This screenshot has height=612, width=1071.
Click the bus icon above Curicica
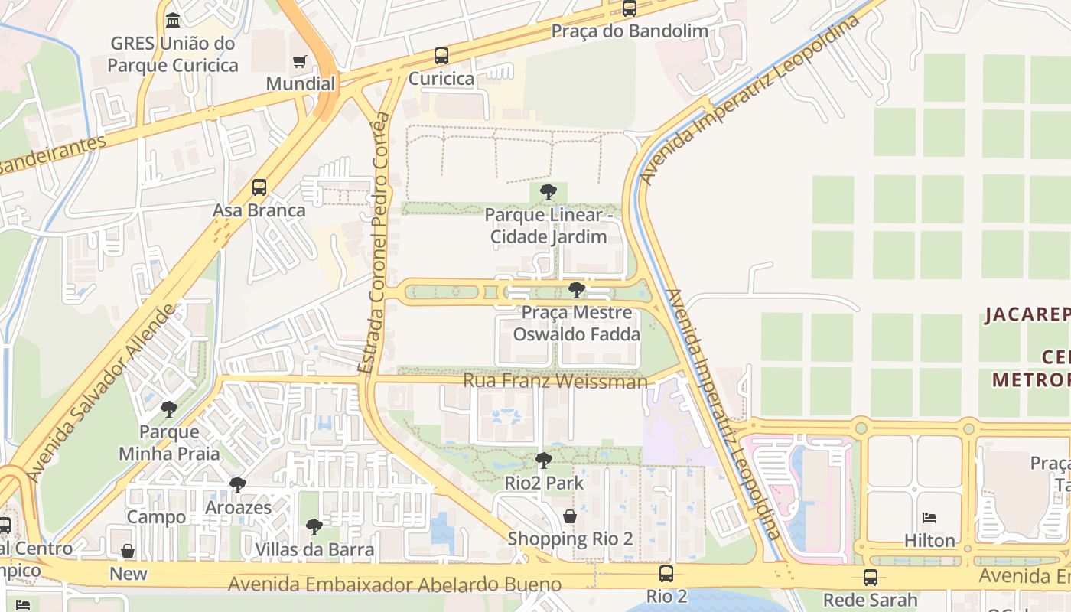pyautogui.click(x=441, y=56)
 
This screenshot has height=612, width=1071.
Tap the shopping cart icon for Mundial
pyautogui.click(x=300, y=61)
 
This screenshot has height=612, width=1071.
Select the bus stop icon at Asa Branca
pyautogui.click(x=259, y=187)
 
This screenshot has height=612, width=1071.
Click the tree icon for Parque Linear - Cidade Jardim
pyautogui.click(x=548, y=192)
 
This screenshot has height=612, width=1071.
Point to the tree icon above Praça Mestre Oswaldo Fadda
pyautogui.click(x=577, y=290)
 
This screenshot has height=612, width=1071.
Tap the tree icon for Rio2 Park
pyautogui.click(x=543, y=461)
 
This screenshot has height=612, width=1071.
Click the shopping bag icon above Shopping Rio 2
pyautogui.click(x=570, y=516)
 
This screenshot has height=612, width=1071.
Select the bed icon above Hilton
pyautogui.click(x=929, y=519)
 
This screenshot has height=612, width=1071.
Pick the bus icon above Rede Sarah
pyautogui.click(x=870, y=578)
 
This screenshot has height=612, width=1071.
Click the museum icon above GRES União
pyautogui.click(x=173, y=20)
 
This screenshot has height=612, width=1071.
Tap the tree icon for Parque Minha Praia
pyautogui.click(x=169, y=409)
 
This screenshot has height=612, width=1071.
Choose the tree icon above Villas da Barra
pyautogui.click(x=314, y=527)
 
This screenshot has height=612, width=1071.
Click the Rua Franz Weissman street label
pyautogui.click(x=555, y=381)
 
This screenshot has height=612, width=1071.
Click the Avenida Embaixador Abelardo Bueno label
pyautogui.click(x=395, y=585)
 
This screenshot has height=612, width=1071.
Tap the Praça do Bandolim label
pyautogui.click(x=630, y=31)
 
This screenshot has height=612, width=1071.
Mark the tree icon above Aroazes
pyautogui.click(x=238, y=485)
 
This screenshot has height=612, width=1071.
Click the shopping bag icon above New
pyautogui.click(x=128, y=552)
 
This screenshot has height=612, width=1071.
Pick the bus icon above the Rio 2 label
pyautogui.click(x=666, y=574)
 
